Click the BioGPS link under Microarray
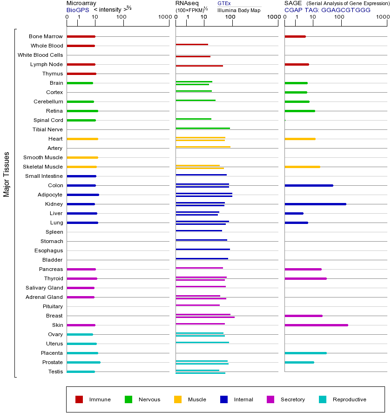point(77,10)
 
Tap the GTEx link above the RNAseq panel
point(224,3)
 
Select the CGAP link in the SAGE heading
point(293,10)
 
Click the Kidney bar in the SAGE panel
point(315,204)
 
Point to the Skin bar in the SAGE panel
point(316,325)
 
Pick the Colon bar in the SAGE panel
point(309,185)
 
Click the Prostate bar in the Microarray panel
point(83,362)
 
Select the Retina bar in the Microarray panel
point(82,111)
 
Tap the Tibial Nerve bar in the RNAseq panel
point(203,128)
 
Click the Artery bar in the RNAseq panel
point(203,147)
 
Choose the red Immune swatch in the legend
point(79,399)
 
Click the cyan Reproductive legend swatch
point(323,399)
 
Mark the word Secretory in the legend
point(292,399)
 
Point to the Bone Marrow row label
point(46,36)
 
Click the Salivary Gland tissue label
point(44,288)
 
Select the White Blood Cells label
point(40,55)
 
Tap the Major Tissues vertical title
point(7,174)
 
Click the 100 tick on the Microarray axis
point(122,18)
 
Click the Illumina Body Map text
point(239,10)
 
